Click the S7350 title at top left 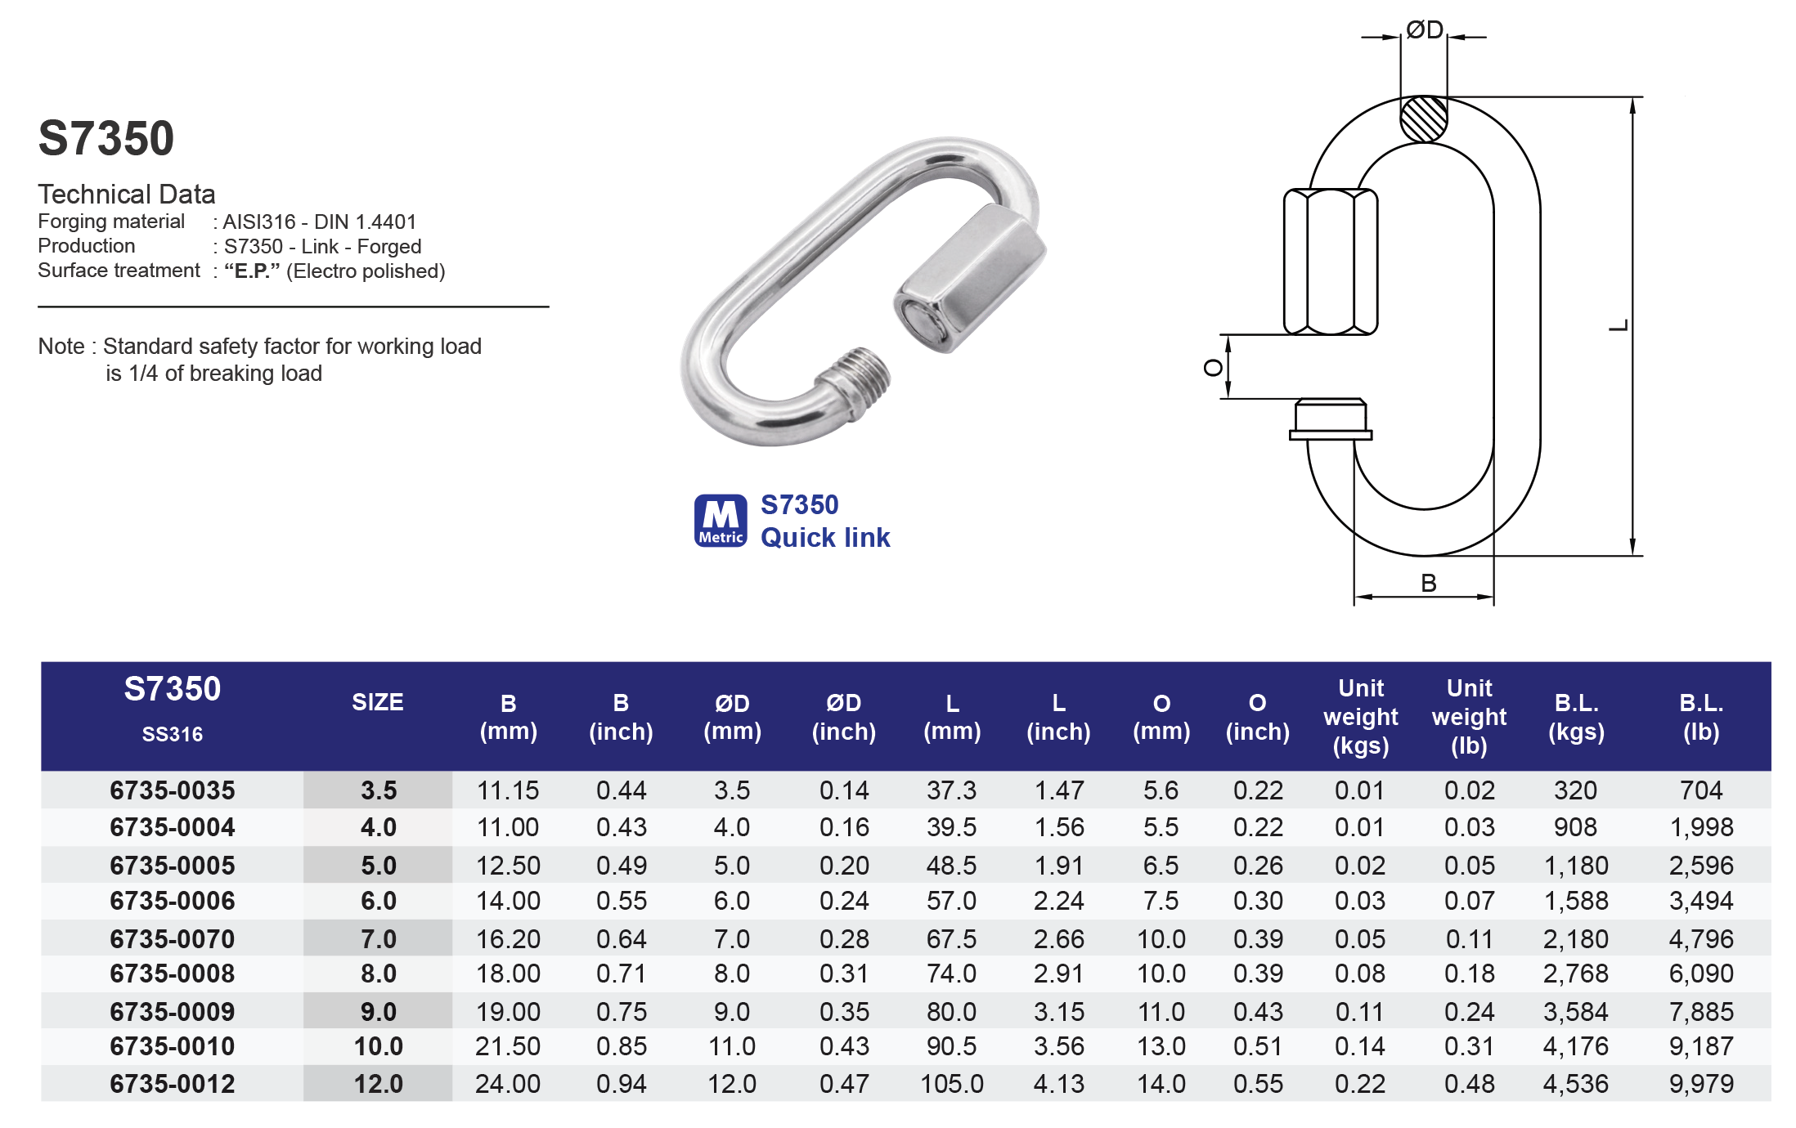106,138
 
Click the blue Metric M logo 721,521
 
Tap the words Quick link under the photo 824,538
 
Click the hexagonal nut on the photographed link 969,278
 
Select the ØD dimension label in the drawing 1424,30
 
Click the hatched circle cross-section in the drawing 1424,119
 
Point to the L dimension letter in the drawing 1619,326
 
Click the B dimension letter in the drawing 1429,584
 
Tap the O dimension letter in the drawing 1213,368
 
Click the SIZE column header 377,703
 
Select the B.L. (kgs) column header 1576,717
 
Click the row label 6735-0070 172,939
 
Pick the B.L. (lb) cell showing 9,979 1701,1084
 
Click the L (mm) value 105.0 951,1084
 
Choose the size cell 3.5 378,790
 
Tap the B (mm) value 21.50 508,1046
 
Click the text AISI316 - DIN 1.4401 320,222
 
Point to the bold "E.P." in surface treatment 252,271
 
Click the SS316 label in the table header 172,734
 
